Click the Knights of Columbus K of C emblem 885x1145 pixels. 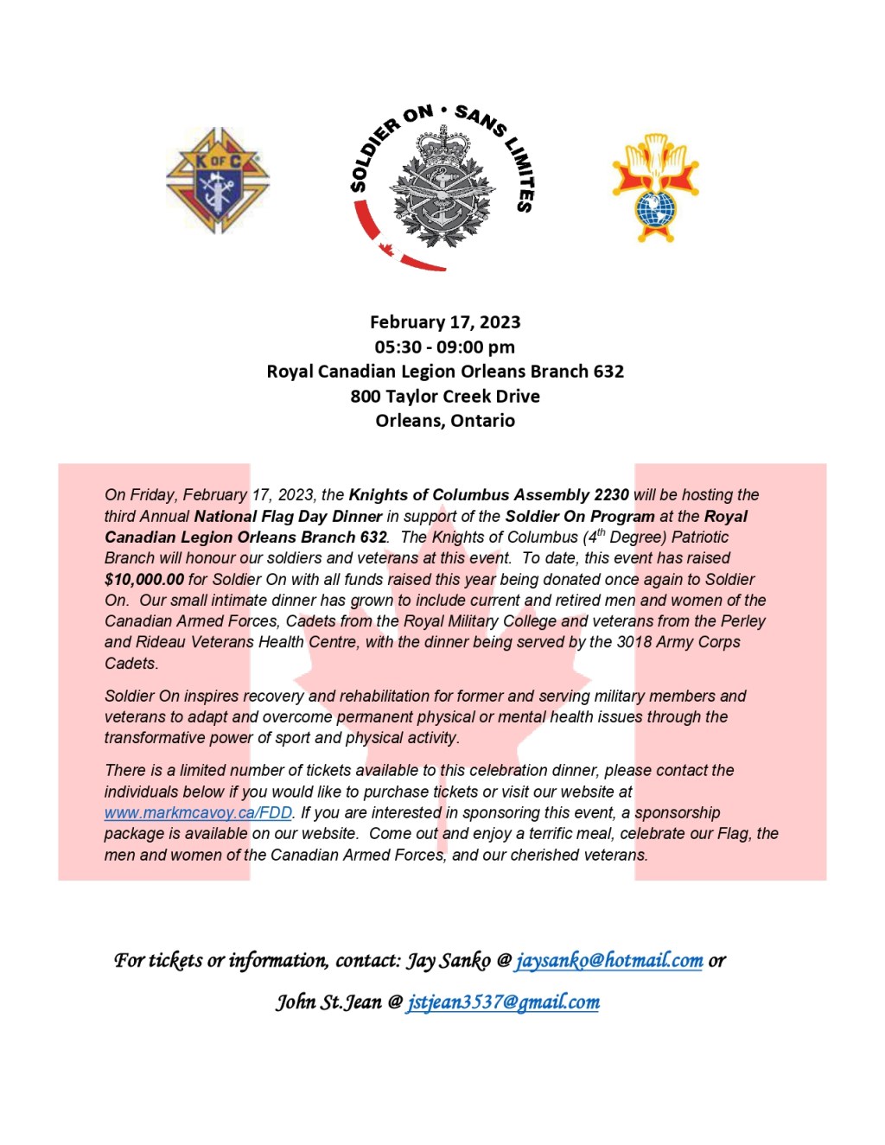pyautogui.click(x=218, y=181)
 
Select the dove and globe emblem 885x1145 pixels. pyautogui.click(x=655, y=187)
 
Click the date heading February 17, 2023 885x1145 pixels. pyautogui.click(x=445, y=322)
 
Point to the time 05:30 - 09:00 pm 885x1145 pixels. pyautogui.click(x=445, y=347)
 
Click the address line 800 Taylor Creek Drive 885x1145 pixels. pyautogui.click(x=445, y=397)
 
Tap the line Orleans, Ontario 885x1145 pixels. pyautogui.click(x=445, y=421)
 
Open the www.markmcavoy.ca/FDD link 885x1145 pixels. pyautogui.click(x=198, y=813)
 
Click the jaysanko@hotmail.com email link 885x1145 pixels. pyautogui.click(x=608, y=961)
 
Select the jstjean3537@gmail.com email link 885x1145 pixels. pyautogui.click(x=503, y=1002)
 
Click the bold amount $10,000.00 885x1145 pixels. pyautogui.click(x=144, y=580)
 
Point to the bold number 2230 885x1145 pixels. pyautogui.click(x=611, y=495)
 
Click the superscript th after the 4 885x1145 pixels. pyautogui.click(x=601, y=532)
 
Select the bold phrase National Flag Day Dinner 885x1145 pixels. pyautogui.click(x=288, y=517)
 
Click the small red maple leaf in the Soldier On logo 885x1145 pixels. pyautogui.click(x=386, y=250)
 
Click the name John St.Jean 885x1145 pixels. pyautogui.click(x=328, y=1002)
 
